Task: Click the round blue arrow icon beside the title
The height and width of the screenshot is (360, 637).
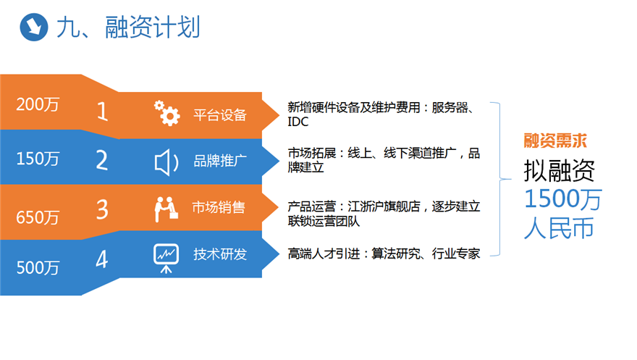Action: [34, 27]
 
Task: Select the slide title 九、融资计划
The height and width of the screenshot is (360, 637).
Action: [128, 28]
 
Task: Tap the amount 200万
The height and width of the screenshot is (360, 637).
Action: [38, 104]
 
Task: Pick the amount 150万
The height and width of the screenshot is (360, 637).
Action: [38, 159]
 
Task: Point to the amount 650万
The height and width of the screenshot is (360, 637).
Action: [38, 217]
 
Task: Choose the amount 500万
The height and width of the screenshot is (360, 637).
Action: [38, 267]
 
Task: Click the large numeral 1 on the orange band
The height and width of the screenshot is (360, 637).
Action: [103, 112]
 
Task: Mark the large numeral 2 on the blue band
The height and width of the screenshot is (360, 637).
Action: [102, 160]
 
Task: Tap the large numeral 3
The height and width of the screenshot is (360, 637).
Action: [102, 209]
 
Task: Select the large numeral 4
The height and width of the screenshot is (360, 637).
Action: [102, 259]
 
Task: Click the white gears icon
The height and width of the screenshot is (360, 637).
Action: [166, 113]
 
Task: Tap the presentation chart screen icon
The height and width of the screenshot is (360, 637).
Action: [166, 258]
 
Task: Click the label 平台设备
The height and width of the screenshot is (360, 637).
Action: [220, 115]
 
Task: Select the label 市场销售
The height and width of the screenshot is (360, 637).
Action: [219, 207]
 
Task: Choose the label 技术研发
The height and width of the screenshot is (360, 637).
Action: [220, 254]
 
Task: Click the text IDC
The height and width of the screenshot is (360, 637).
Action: [298, 122]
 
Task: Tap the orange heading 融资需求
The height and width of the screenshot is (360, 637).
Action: [555, 141]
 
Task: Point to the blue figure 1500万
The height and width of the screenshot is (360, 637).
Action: [563, 199]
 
